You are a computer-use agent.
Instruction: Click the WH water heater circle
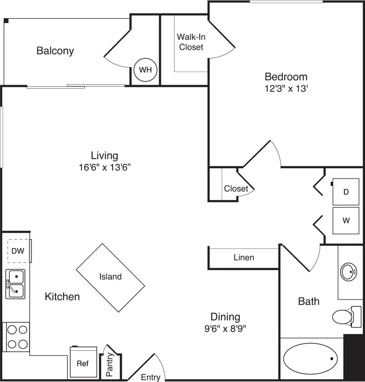pyautogui.click(x=145, y=70)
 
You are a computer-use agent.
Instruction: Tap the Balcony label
pyautogui.click(x=55, y=51)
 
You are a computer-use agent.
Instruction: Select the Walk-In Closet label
pyautogui.click(x=190, y=42)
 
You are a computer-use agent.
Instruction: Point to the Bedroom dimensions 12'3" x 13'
pyautogui.click(x=286, y=89)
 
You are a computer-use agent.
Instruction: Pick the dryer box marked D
pyautogui.click(x=346, y=192)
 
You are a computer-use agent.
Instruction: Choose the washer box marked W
pyautogui.click(x=346, y=221)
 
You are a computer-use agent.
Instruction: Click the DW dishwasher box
pyautogui.click(x=18, y=251)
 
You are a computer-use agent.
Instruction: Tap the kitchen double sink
pyautogui.click(x=15, y=284)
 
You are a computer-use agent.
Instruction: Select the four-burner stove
pyautogui.click(x=18, y=337)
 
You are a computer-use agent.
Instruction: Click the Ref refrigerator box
pyautogui.click(x=83, y=363)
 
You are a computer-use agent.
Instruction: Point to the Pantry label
pyautogui.click(x=110, y=362)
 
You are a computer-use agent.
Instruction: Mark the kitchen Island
pyautogui.click(x=110, y=277)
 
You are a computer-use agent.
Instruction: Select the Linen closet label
pyautogui.click(x=243, y=258)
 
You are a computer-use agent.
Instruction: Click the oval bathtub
pyautogui.click(x=310, y=358)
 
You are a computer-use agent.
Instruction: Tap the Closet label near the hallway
pyautogui.click(x=236, y=188)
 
